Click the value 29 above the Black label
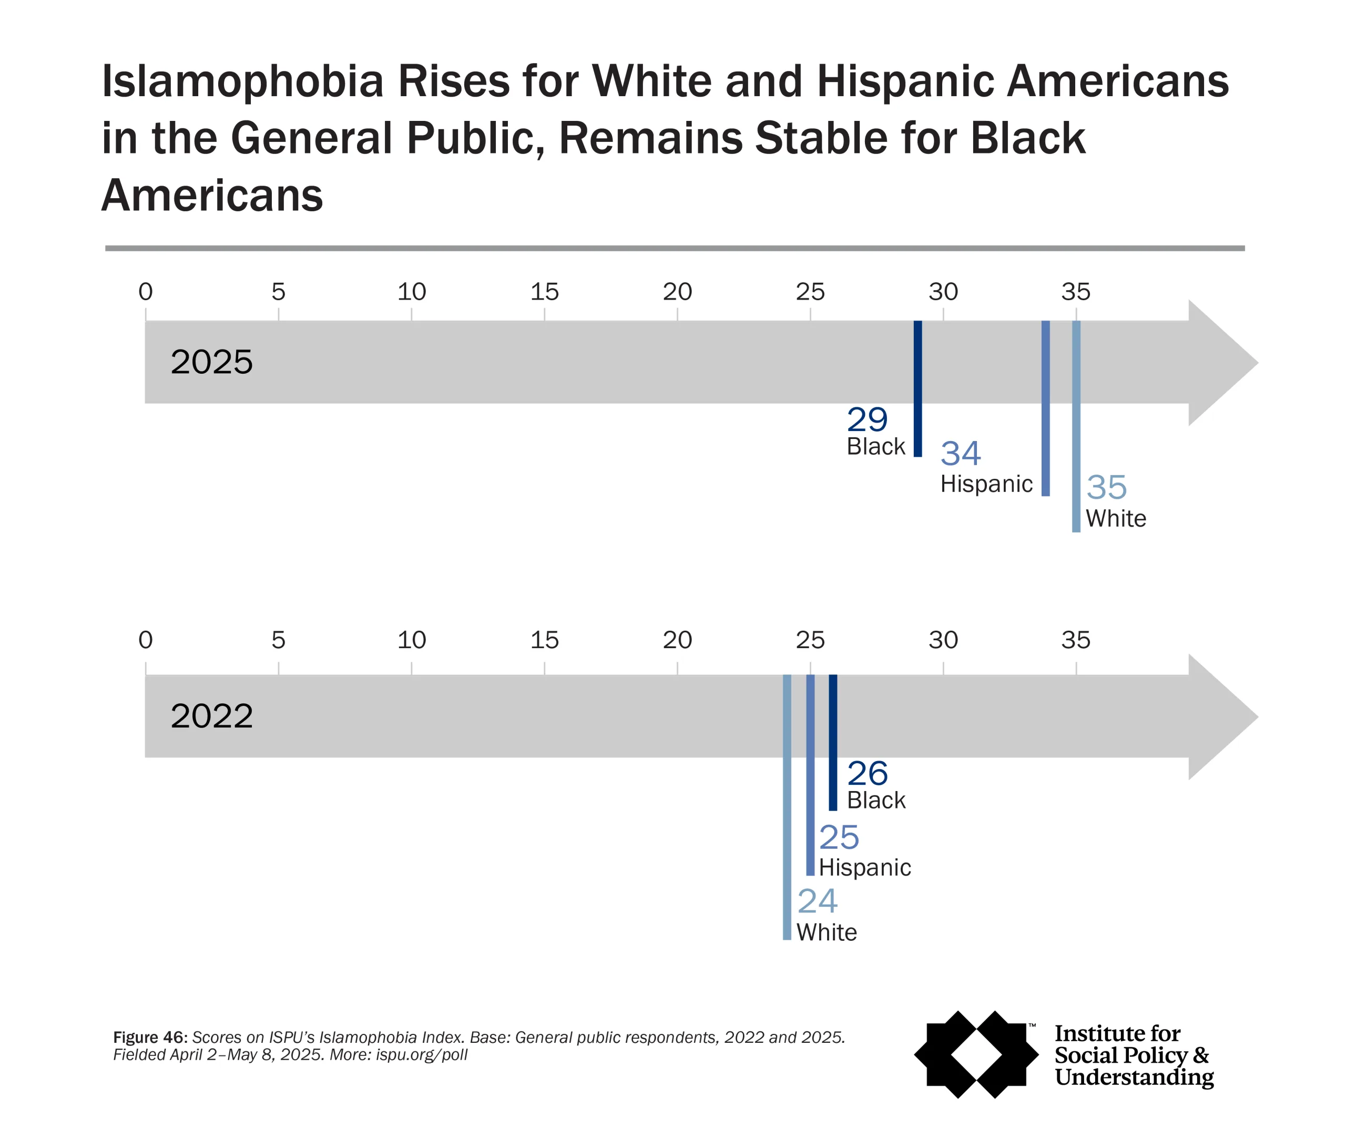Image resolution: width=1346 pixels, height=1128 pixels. (x=866, y=421)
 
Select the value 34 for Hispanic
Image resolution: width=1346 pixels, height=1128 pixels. (x=960, y=454)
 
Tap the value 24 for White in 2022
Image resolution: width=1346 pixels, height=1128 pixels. (x=817, y=901)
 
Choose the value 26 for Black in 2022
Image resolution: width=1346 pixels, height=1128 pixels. (x=867, y=774)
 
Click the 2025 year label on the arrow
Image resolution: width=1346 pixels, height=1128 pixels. (x=211, y=362)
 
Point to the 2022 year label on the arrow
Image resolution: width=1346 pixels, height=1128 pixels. (x=211, y=716)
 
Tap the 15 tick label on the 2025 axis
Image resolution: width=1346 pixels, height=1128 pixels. (x=544, y=292)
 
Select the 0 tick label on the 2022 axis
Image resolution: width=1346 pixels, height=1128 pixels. (x=146, y=640)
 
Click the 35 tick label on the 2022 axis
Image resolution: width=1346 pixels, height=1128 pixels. (x=1076, y=640)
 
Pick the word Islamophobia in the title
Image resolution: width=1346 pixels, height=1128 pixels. (x=242, y=82)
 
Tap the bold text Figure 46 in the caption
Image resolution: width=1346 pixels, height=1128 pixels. (x=149, y=1037)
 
